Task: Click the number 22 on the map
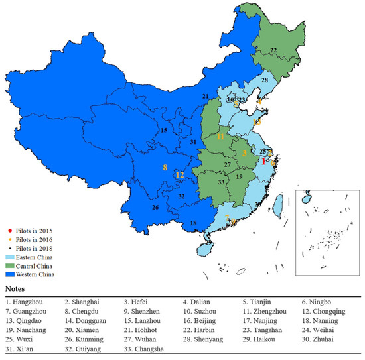(x=273, y=50)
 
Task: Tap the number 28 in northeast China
(x=264, y=80)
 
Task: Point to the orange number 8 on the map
(x=165, y=168)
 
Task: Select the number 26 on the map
(x=155, y=208)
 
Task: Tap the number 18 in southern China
(x=194, y=224)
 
